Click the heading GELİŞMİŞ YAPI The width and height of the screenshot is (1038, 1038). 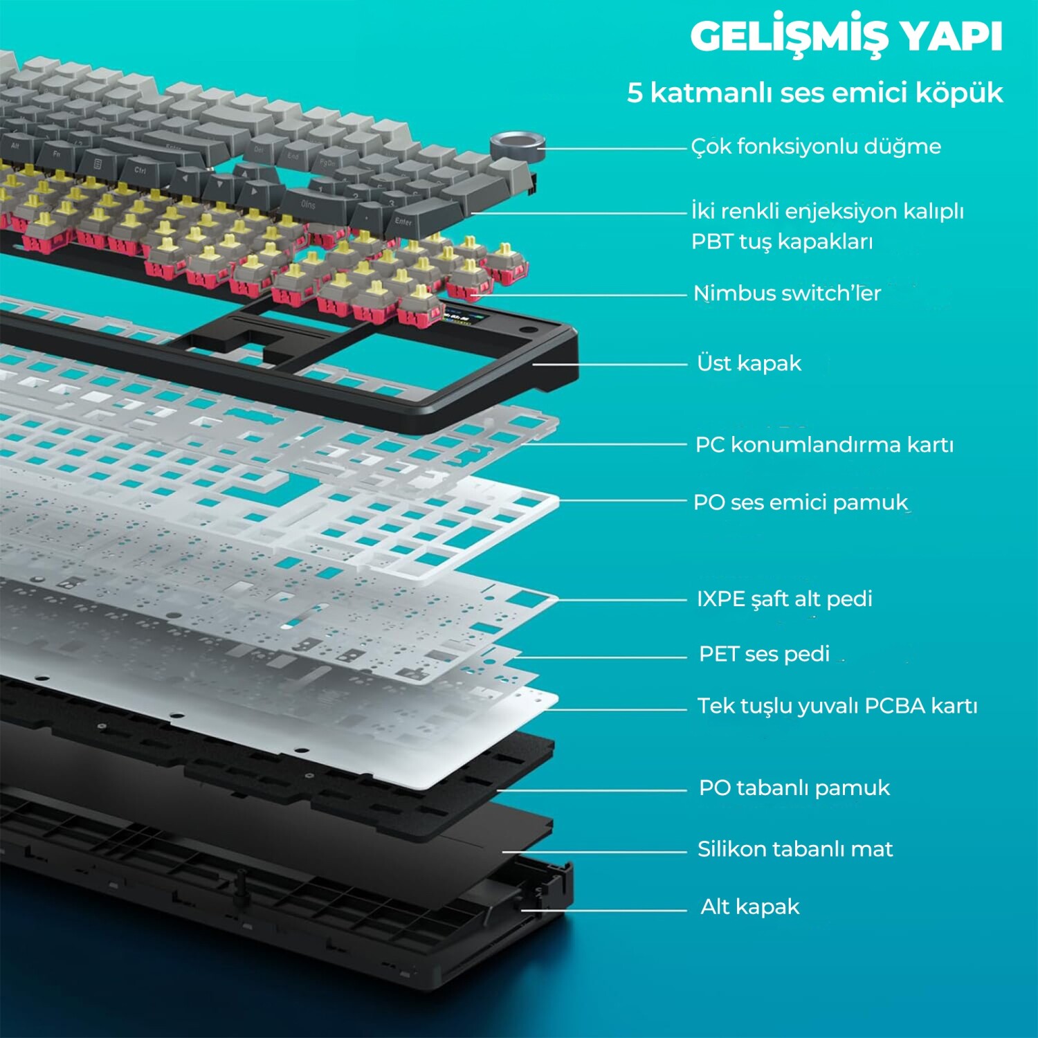click(x=846, y=37)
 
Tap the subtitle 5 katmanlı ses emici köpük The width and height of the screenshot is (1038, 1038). click(x=814, y=93)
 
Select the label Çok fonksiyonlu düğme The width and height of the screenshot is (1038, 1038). click(x=816, y=147)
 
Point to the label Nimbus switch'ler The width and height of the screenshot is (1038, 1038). click(x=787, y=293)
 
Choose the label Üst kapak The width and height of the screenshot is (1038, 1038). click(x=749, y=363)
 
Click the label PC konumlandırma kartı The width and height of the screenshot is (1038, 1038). click(x=824, y=444)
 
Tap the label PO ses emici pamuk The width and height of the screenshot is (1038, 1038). click(x=801, y=502)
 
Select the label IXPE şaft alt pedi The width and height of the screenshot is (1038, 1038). click(x=784, y=599)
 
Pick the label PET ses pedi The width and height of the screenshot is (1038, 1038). click(x=764, y=654)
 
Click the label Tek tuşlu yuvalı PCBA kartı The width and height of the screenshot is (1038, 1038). click(x=837, y=706)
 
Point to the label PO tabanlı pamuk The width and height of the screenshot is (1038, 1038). click(x=794, y=787)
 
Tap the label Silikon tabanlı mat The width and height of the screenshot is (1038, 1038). click(x=794, y=849)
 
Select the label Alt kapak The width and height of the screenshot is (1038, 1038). click(x=749, y=907)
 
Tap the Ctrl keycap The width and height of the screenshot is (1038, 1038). click(x=140, y=170)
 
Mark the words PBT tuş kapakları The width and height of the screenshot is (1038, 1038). click(x=782, y=242)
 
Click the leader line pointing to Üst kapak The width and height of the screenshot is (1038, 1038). click(x=609, y=364)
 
